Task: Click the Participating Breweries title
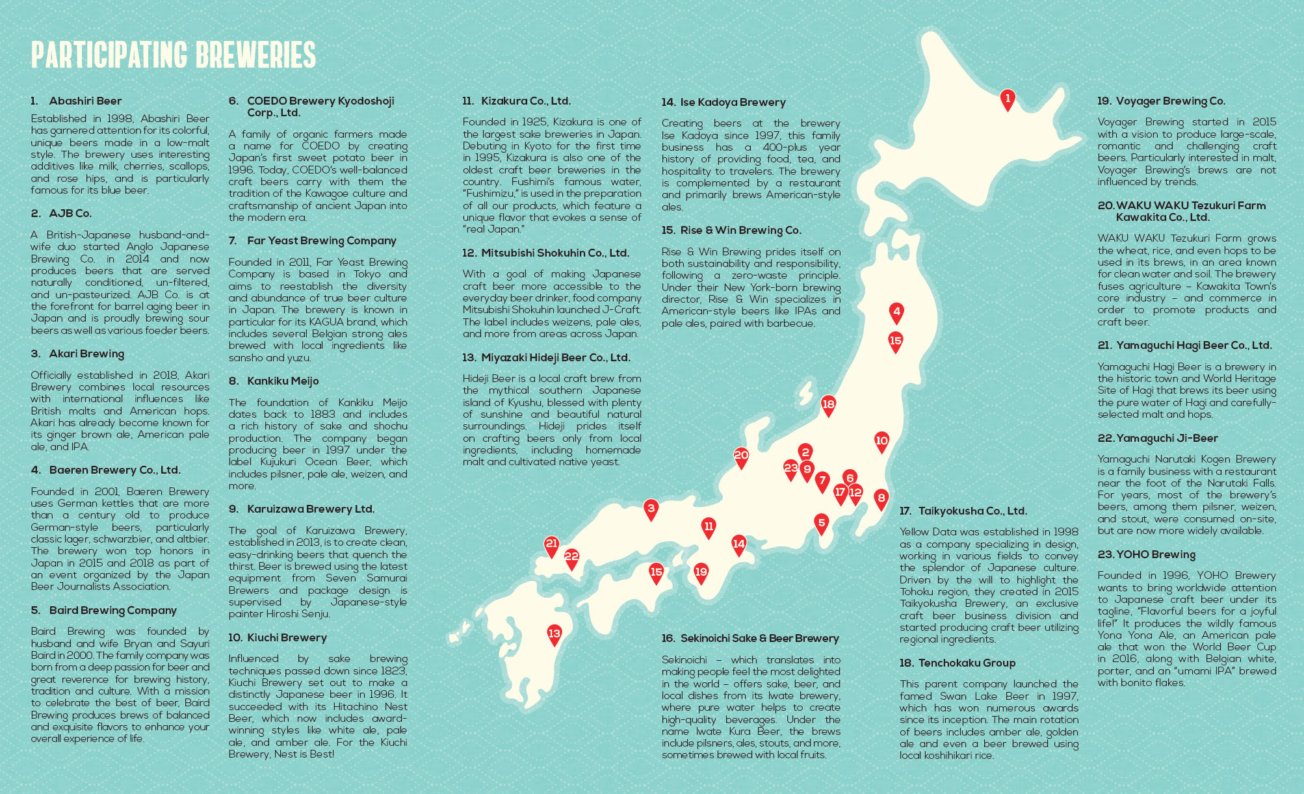[x=173, y=55]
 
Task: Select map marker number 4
[x=897, y=313]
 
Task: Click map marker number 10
[x=881, y=441]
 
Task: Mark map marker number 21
[x=551, y=544]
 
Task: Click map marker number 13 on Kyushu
[x=554, y=634]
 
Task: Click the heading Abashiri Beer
[x=85, y=101]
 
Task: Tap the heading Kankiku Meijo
[x=283, y=381]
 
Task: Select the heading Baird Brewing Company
[x=112, y=610]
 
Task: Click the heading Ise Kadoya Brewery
[x=733, y=102]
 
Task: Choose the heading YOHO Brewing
[x=1155, y=554]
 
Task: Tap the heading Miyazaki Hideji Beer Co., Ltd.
[x=555, y=357]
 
